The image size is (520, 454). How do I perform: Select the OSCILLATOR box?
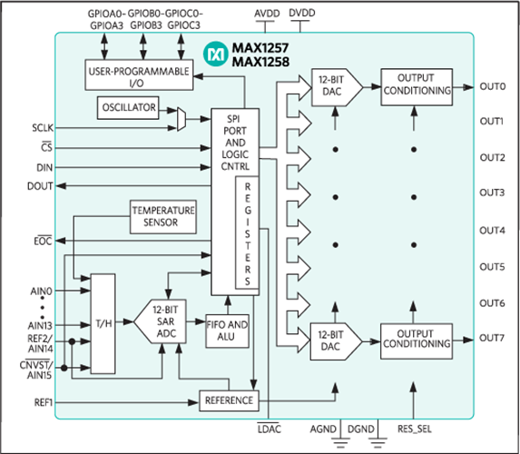(x=127, y=108)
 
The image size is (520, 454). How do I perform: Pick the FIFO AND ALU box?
(x=225, y=330)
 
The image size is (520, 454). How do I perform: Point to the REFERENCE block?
(x=229, y=400)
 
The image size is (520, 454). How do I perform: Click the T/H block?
(x=103, y=321)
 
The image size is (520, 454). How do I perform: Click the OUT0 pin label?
(x=492, y=87)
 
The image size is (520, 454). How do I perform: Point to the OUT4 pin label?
(x=492, y=230)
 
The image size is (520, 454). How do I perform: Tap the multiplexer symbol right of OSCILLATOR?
(x=181, y=117)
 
